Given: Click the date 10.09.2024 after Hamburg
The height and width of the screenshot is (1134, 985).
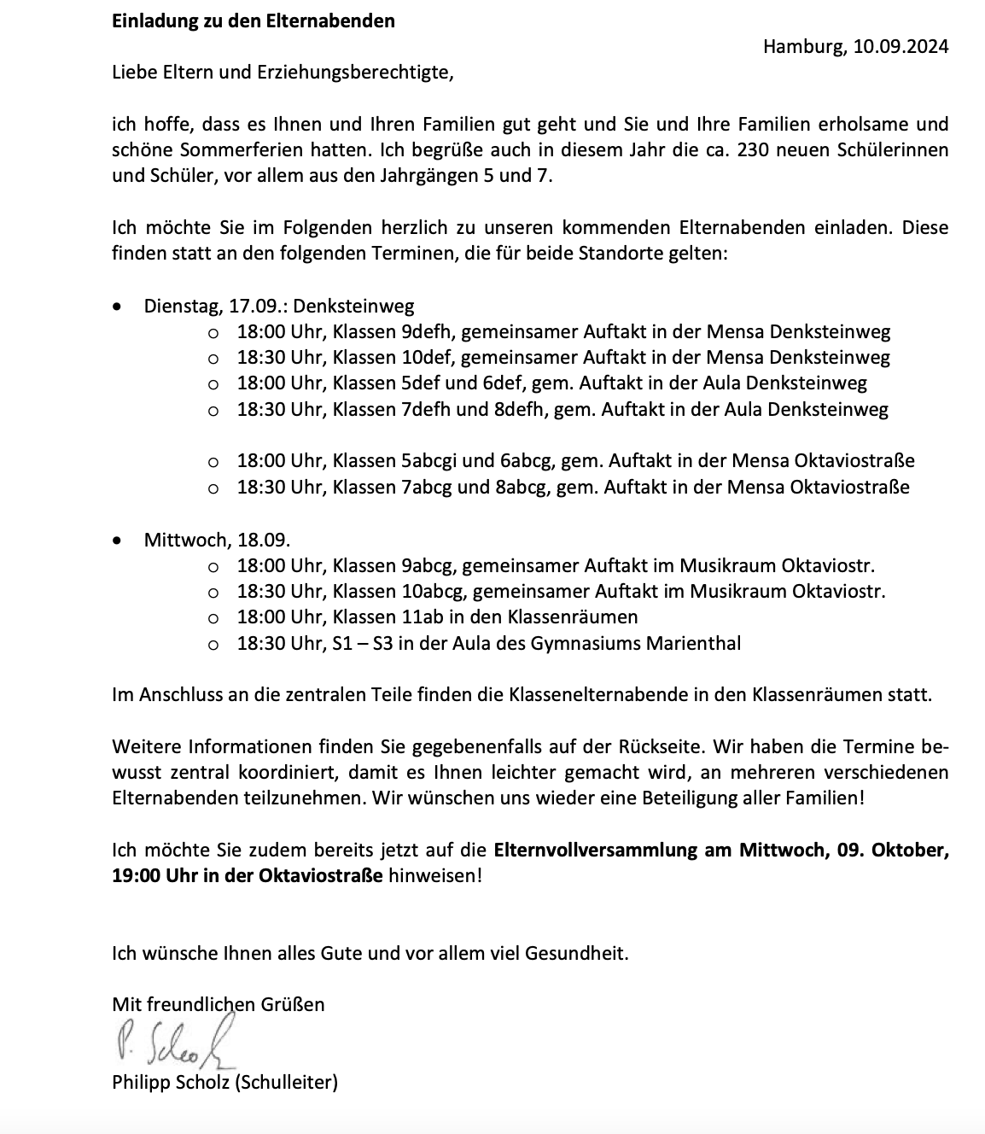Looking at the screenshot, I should click(x=899, y=47).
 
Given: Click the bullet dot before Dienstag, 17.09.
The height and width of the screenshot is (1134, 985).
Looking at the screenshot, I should click(x=119, y=306).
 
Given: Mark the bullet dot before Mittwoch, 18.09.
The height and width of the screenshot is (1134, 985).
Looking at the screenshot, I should click(x=119, y=540).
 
